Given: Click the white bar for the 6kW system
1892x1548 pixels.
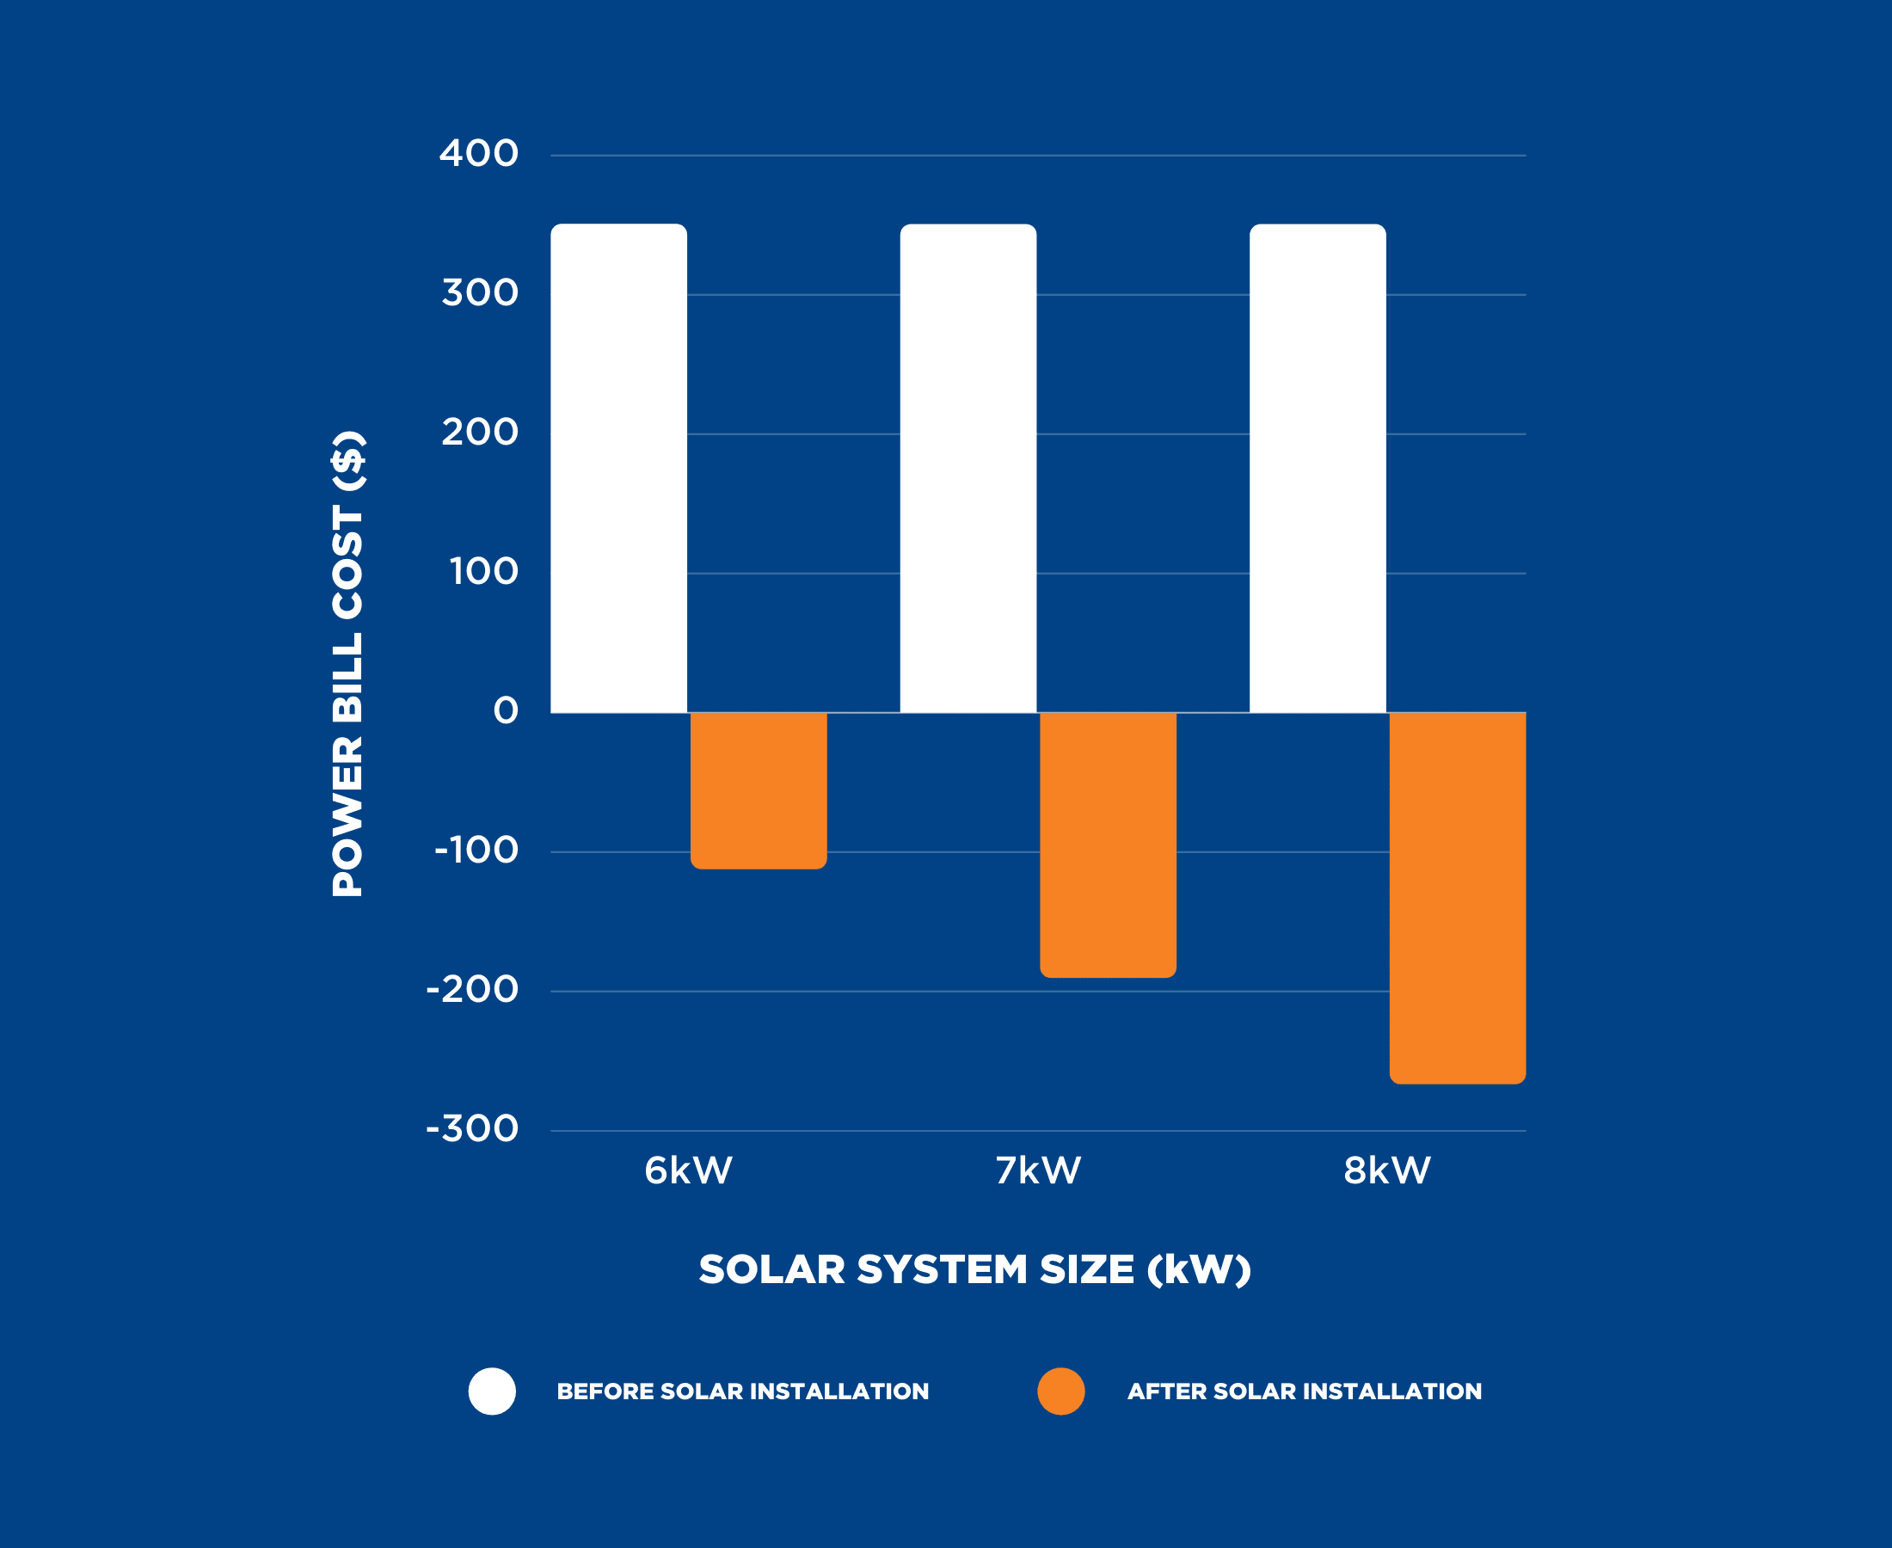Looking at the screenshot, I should coord(619,468).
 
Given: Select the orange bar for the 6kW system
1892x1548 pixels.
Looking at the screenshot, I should coord(759,790).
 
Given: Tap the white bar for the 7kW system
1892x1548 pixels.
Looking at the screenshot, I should coord(968,468).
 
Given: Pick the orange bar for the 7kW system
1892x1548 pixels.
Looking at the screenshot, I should coord(1109,845).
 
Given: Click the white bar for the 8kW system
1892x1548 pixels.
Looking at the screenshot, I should coord(1318,468).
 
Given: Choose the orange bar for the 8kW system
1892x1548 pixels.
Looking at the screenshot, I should coord(1458,898).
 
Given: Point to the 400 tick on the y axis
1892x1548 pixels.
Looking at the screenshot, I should coord(479,153).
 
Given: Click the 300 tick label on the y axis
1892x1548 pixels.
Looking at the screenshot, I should coord(480,292).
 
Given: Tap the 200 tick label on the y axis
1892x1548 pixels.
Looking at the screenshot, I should coord(480,432).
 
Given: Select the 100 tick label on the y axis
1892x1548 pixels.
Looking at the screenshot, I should coord(483,572).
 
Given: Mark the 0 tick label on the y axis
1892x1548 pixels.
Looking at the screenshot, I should coord(506,710).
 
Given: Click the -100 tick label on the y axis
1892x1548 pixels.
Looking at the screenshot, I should coord(476,850).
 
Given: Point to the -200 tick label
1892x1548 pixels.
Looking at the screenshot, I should coord(472,989).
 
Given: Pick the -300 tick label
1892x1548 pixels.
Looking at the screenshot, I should coord(472,1129).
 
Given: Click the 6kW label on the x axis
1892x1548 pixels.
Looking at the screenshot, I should coord(688,1170).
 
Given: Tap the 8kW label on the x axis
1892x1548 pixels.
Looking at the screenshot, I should coord(1387,1170).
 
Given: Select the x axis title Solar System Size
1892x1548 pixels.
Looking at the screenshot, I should coord(974,1268).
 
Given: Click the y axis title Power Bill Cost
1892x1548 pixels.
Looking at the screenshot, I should coord(347,664).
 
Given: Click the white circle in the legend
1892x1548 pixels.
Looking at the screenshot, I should coord(492,1391).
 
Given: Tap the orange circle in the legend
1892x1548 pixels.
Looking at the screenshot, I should coord(1061,1391).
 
